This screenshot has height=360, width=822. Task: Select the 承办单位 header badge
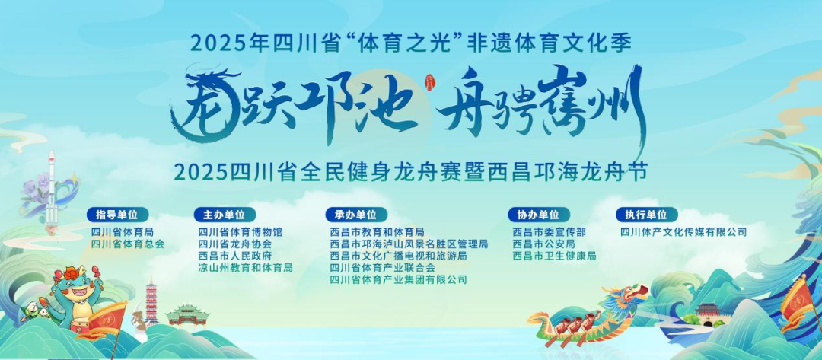click(x=356, y=215)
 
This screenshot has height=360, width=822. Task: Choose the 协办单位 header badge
click(x=538, y=215)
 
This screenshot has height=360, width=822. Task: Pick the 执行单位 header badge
click(x=646, y=215)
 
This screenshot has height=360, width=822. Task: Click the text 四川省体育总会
click(x=128, y=244)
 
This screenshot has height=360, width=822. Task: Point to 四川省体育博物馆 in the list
click(x=241, y=231)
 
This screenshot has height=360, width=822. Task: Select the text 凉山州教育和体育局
click(x=245, y=268)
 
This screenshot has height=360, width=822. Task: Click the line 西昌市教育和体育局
click(x=377, y=231)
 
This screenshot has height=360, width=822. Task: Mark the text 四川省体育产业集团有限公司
click(x=398, y=280)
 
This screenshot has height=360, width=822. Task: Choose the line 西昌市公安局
click(x=543, y=244)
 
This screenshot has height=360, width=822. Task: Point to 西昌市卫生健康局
click(x=554, y=256)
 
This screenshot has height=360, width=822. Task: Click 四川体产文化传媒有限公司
click(x=683, y=231)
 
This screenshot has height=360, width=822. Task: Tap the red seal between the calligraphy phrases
click(x=429, y=82)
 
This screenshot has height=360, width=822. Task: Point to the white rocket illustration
click(x=51, y=186)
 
